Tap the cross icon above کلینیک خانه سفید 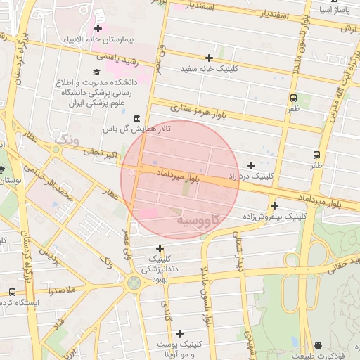[x=209, y=58]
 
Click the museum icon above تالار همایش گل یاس [x=135, y=117]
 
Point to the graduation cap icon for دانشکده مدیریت [x=96, y=72]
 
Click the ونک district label [x=67, y=139]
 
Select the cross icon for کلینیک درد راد [x=251, y=165]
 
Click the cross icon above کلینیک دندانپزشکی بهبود [x=160, y=248]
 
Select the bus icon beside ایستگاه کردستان [x=12, y=292]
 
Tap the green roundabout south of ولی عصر [x=133, y=283]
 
